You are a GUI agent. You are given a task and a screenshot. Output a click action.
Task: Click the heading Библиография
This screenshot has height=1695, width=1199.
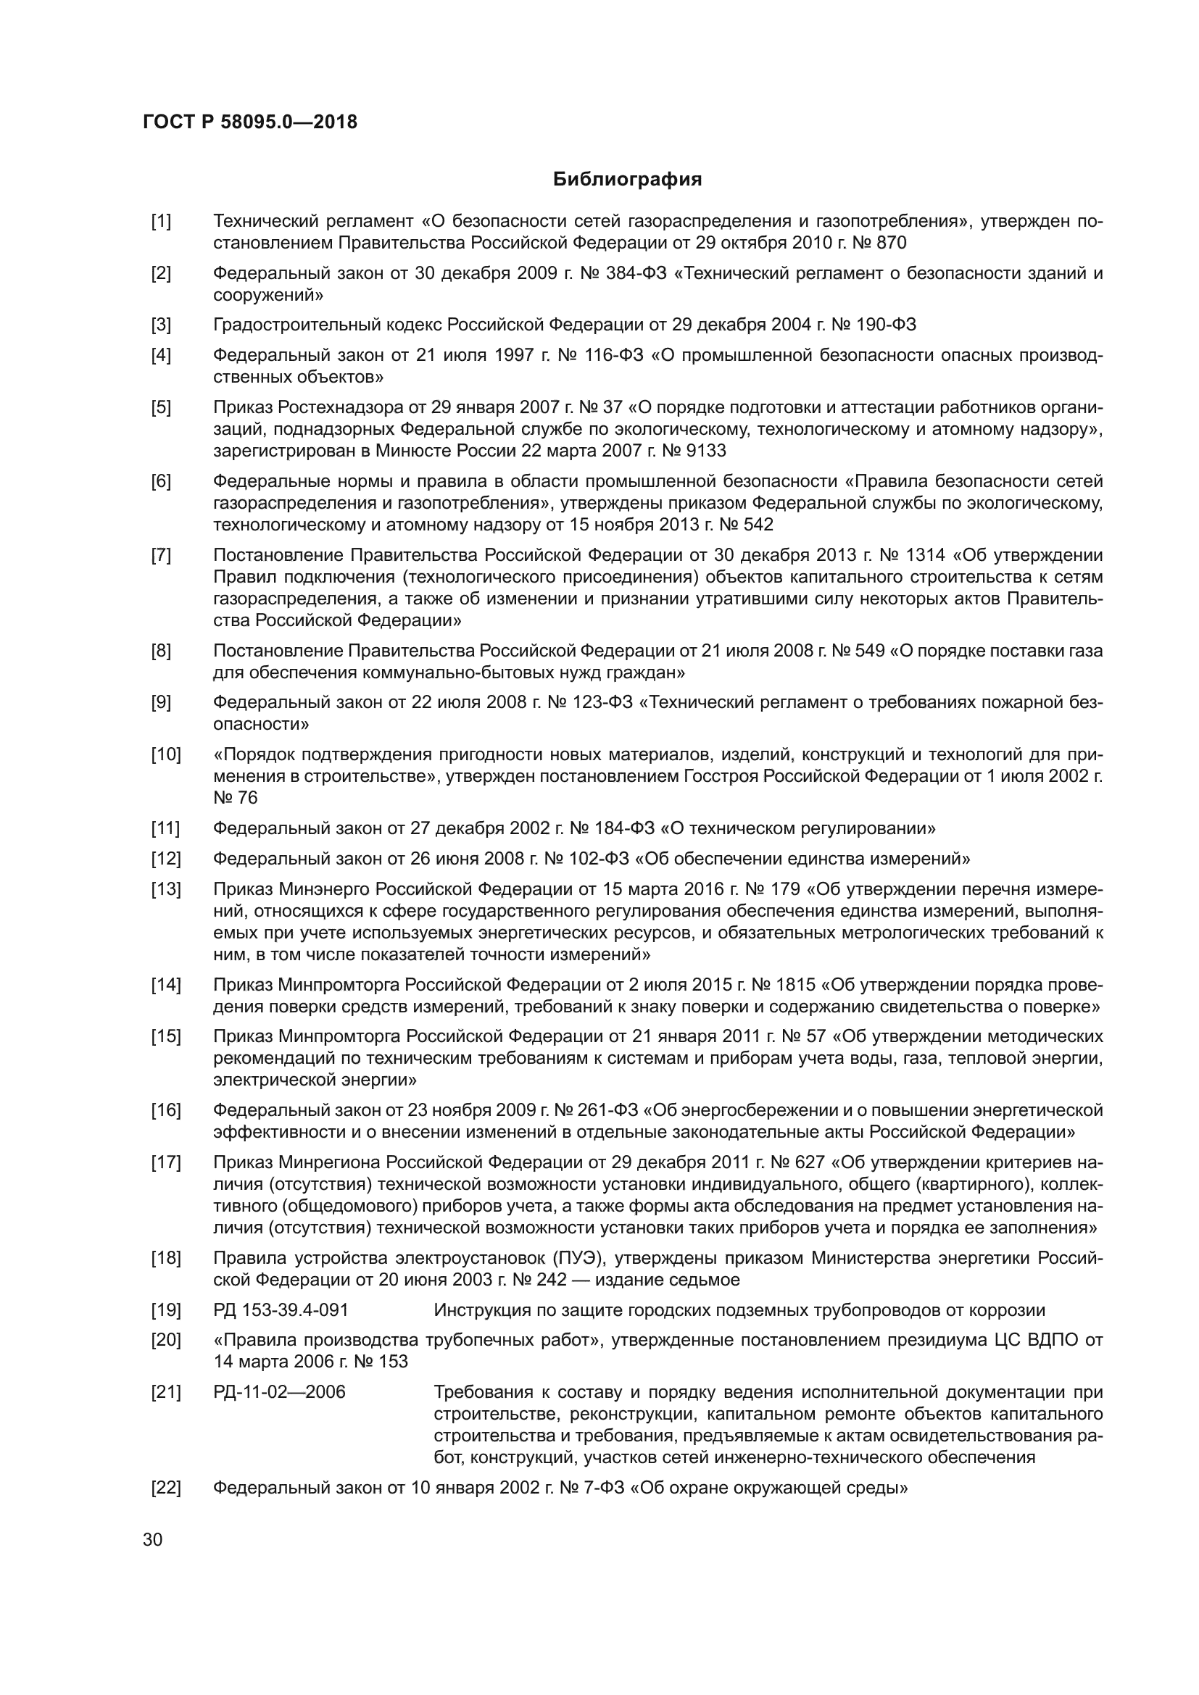(x=627, y=180)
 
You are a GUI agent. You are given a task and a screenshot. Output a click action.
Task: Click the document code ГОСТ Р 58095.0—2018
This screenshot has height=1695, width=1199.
(x=250, y=122)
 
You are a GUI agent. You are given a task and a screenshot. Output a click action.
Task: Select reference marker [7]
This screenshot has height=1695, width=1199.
(x=161, y=555)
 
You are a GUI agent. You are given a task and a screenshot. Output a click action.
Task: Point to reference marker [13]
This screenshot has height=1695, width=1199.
(x=165, y=889)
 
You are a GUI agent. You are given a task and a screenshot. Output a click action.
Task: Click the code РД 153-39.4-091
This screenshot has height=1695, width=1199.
(x=281, y=1310)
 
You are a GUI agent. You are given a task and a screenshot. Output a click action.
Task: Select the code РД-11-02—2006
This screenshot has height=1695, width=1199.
(x=279, y=1392)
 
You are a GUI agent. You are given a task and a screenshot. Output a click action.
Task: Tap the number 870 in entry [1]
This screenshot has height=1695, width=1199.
(x=891, y=243)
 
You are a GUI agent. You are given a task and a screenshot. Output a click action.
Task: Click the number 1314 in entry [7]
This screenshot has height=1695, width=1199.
(x=958, y=555)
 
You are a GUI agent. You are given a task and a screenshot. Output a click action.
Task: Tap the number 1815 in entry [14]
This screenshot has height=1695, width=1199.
(x=795, y=985)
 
